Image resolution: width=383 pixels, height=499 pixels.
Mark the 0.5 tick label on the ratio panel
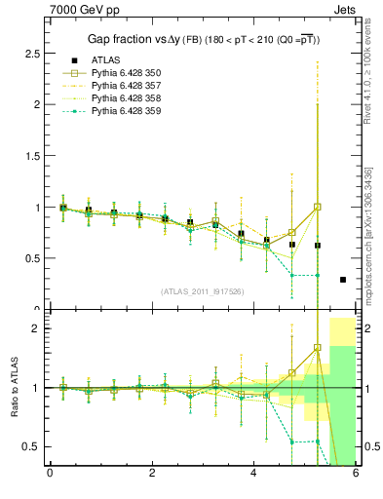[x=31, y=446]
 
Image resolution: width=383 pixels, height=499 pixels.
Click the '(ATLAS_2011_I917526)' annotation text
[x=203, y=291]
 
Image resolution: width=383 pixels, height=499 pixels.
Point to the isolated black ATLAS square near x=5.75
[x=343, y=280]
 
